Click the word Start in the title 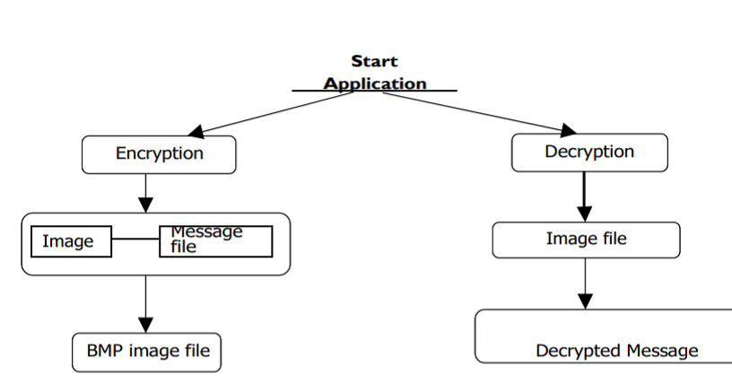[x=374, y=62]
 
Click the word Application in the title [x=375, y=83]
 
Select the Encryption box [x=159, y=153]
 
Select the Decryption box [x=589, y=152]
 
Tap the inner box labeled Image [x=71, y=241]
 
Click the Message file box [x=215, y=241]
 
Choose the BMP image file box [x=146, y=351]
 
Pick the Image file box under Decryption [x=586, y=240]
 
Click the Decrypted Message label [x=616, y=350]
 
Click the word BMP [x=103, y=351]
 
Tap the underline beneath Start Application [x=374, y=91]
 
